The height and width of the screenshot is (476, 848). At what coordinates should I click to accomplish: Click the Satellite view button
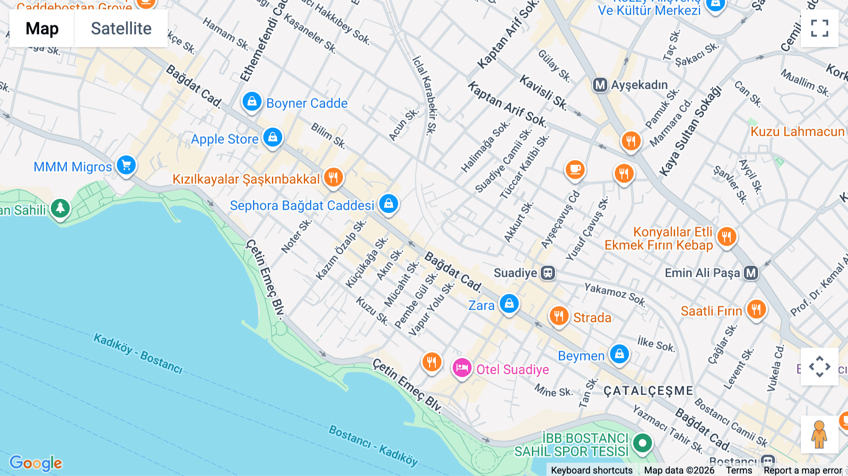121,28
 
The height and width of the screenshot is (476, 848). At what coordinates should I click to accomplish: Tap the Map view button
42,28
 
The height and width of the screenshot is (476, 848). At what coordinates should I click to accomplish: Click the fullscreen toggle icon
819,28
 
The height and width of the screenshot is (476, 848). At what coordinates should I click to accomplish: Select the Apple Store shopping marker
272,138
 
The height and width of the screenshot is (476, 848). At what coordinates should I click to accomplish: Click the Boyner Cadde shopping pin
252,102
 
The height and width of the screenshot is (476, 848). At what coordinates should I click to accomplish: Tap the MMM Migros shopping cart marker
126,165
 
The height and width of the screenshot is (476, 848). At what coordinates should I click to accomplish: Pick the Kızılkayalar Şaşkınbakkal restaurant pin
333,178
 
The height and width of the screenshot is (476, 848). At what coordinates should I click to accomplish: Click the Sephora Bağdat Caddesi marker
388,204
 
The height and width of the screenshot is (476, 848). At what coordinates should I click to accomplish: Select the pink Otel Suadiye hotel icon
462,368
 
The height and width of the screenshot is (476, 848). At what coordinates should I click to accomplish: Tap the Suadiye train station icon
548,273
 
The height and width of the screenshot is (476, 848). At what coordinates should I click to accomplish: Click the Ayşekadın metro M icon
600,85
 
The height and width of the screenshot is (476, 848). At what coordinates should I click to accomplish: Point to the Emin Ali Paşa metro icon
751,273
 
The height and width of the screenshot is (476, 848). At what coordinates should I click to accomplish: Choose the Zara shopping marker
509,304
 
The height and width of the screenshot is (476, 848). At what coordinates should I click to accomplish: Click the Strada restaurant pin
559,316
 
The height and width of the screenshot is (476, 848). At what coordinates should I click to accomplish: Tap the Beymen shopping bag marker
619,354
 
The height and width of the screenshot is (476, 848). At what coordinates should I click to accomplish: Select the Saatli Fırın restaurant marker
756,310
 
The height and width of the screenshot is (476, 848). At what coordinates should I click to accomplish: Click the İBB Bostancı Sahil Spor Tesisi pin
642,443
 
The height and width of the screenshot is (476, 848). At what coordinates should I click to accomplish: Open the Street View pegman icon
819,435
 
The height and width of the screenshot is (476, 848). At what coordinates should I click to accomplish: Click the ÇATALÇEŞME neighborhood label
648,391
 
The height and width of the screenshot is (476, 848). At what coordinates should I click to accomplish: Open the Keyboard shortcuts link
592,470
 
